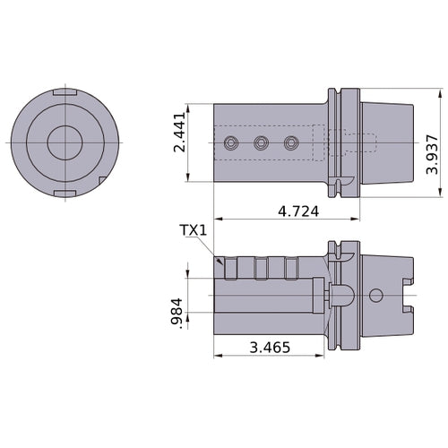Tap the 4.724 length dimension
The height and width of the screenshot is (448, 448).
[x=299, y=211]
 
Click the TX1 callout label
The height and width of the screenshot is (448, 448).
[x=194, y=231]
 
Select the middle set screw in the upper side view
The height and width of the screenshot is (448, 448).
[x=262, y=142]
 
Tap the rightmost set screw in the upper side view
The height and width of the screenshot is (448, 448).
[x=290, y=142]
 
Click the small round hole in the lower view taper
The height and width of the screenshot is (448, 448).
[x=375, y=295]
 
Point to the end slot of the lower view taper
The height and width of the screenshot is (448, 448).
[x=408, y=295]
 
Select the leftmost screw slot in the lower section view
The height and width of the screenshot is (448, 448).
[x=232, y=267]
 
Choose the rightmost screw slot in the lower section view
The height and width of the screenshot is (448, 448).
[x=289, y=267]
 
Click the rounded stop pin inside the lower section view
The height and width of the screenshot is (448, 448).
[x=341, y=295]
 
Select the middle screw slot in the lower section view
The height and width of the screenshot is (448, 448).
[x=261, y=267]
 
